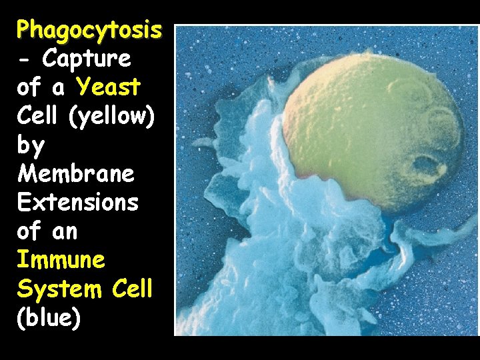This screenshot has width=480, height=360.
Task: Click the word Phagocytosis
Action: [x=89, y=30]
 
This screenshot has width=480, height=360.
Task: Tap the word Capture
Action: [x=87, y=59]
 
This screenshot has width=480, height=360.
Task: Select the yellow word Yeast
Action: [x=109, y=87]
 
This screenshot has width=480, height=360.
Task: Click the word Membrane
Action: [x=76, y=174]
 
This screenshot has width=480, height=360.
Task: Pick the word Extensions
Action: [x=78, y=203]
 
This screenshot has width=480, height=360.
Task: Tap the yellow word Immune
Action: [x=61, y=260]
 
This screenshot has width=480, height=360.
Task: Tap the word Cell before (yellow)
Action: [x=41, y=117]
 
